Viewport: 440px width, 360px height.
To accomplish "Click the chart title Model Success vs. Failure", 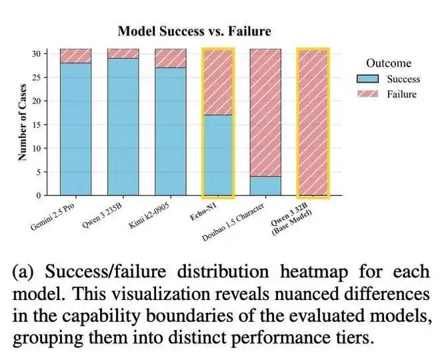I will (194, 31).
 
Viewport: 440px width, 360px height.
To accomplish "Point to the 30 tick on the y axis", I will (39, 53).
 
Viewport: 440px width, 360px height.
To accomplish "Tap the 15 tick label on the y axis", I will (39, 125).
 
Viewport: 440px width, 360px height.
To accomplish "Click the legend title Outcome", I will (389, 63).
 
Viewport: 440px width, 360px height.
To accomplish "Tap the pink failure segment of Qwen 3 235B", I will (123, 53).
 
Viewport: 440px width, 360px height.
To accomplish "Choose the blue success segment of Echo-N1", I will (218, 155).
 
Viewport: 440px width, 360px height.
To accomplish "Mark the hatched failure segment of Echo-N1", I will (218, 82).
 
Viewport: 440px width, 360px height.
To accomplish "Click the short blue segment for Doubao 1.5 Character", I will (265, 185).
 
